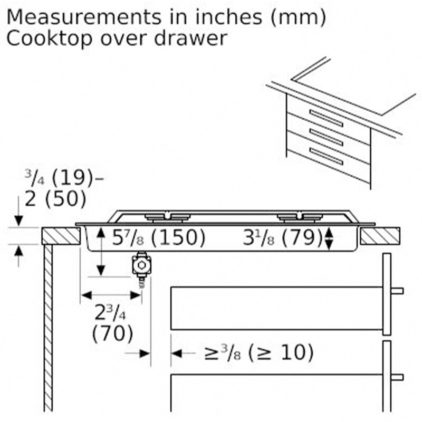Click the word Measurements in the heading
coord(84,17)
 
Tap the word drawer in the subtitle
coord(190,39)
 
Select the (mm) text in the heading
coord(298,18)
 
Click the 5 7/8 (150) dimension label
coord(158,238)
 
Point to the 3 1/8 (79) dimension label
coord(283,238)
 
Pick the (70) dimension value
coord(112,334)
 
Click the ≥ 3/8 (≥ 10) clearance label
coord(259,353)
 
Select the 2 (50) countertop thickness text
coord(55,199)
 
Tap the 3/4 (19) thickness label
coord(64,178)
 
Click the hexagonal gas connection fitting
coord(141,265)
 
